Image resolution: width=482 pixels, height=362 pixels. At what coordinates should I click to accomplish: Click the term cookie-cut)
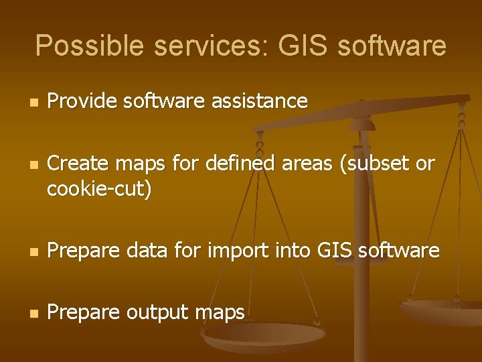[100, 190]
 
